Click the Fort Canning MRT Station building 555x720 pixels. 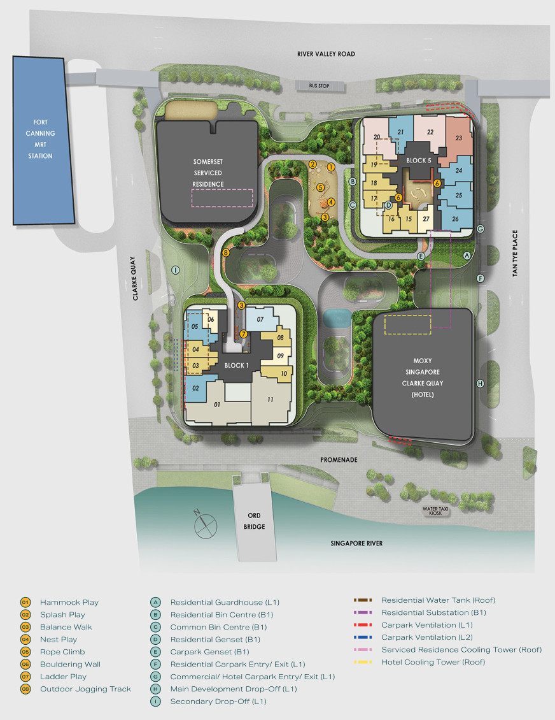43,140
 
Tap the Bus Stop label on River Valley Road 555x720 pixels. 319,86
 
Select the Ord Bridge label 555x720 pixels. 254,521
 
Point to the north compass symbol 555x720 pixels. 204,524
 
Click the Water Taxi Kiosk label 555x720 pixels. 435,510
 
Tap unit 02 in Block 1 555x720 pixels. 196,389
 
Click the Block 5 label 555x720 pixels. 418,161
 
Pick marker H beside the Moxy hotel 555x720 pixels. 481,384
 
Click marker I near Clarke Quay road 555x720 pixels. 175,270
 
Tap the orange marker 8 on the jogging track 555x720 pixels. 226,252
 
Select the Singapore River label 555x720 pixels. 356,544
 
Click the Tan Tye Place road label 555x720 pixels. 515,253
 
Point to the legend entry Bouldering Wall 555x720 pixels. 70,664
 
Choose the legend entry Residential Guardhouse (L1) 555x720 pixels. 225,602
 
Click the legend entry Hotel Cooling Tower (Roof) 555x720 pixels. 433,661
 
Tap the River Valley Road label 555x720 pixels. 326,54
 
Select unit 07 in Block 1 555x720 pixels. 260,319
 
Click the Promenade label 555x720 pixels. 339,459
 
